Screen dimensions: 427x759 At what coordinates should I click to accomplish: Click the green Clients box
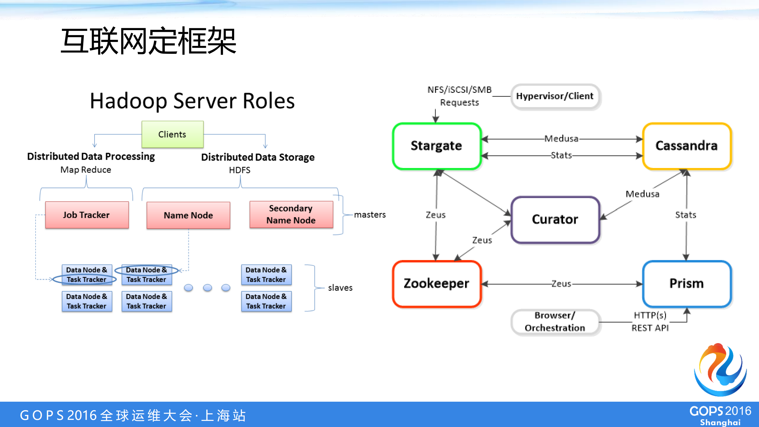click(x=172, y=134)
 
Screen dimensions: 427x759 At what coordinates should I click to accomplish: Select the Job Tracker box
click(x=87, y=215)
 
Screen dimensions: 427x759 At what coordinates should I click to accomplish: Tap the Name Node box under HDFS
click(x=188, y=215)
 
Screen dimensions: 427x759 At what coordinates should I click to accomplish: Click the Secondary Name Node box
click(x=291, y=214)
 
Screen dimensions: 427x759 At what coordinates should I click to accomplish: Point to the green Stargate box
click(x=437, y=146)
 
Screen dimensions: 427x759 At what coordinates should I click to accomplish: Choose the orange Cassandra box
click(x=687, y=146)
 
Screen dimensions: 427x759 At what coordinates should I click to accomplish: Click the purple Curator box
click(x=555, y=219)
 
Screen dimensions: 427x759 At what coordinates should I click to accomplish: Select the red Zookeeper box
click(x=437, y=284)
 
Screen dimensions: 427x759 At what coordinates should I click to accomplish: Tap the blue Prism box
click(x=687, y=284)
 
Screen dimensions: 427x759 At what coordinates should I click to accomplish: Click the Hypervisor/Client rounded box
click(x=555, y=96)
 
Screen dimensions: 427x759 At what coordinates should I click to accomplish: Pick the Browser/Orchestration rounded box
click(x=555, y=322)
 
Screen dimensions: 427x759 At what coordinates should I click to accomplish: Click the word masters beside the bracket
click(x=370, y=215)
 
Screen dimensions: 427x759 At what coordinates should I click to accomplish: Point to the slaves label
click(x=340, y=288)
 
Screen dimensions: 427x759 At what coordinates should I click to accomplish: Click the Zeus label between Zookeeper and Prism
click(x=561, y=284)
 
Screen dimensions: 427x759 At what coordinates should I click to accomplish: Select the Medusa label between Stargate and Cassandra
click(x=561, y=138)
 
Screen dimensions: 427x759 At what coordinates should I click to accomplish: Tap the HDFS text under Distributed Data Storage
click(x=240, y=170)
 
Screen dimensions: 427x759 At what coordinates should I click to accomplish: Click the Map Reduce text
click(x=86, y=170)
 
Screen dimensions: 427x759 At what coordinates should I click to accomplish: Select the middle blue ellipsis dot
click(x=207, y=288)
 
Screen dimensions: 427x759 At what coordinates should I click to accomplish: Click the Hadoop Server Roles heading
click(x=192, y=101)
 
